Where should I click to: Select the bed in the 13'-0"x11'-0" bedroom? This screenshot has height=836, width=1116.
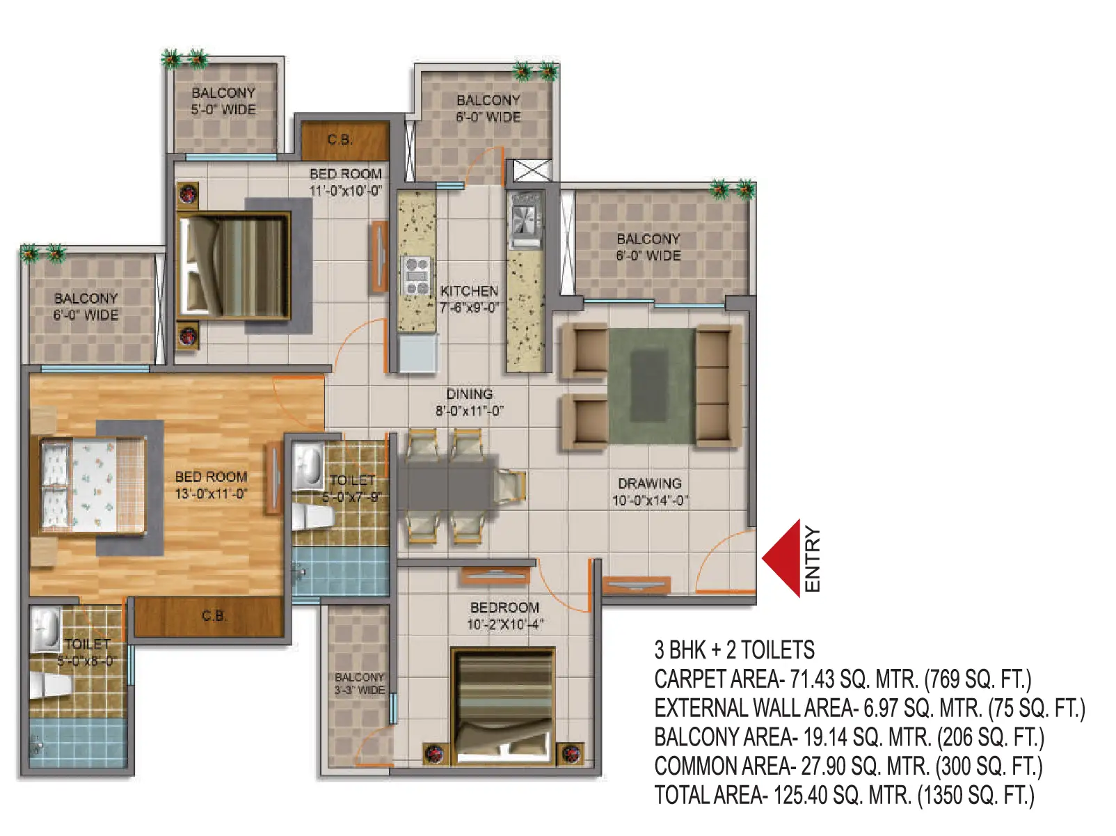[x=93, y=486]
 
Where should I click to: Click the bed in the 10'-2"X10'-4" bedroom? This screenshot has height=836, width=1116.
[x=503, y=705]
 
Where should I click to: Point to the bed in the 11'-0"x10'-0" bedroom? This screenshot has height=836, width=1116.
[x=234, y=267]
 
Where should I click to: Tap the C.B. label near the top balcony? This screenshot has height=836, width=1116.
[x=340, y=139]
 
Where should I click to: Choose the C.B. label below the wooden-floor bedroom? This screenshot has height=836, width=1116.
[x=214, y=616]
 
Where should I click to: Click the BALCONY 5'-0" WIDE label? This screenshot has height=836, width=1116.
[x=223, y=101]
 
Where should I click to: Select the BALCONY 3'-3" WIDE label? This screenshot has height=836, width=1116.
[x=360, y=684]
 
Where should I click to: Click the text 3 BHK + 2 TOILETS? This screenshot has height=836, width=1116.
[x=734, y=650]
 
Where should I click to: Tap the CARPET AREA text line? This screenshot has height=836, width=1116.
[x=843, y=679]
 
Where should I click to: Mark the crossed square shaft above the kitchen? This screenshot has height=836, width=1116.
[x=532, y=171]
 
